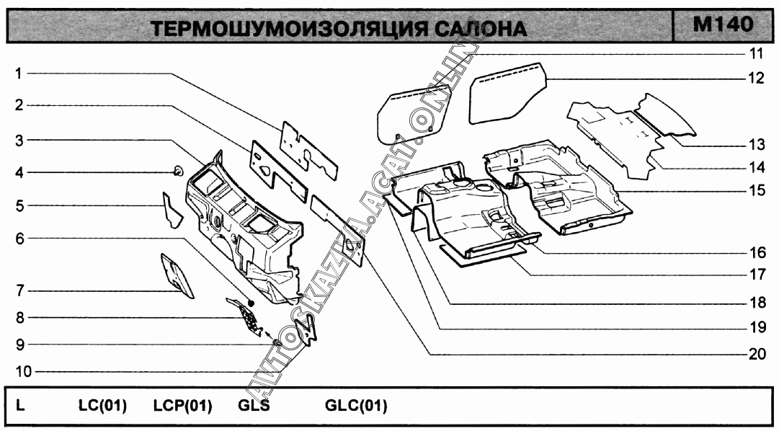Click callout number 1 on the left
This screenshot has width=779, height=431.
tap(19, 73)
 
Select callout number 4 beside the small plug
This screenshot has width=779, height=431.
tap(19, 172)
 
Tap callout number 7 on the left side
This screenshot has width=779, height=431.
tap(19, 290)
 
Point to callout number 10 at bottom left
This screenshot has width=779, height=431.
tap(22, 371)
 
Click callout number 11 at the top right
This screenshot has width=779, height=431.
tap(756, 53)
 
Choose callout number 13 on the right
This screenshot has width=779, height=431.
tap(756, 143)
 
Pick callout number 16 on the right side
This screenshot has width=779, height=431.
tap(756, 252)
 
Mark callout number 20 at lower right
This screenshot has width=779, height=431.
tap(756, 354)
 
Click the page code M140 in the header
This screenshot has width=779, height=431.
tap(723, 25)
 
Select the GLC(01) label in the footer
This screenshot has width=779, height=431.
tap(356, 406)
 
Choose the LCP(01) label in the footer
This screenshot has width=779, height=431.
tap(182, 406)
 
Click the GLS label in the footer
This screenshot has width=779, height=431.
tap(254, 406)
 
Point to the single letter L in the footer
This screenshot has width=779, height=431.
tap(20, 406)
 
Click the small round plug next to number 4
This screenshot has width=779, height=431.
tap(177, 170)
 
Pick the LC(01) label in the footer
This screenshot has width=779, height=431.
tap(102, 406)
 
